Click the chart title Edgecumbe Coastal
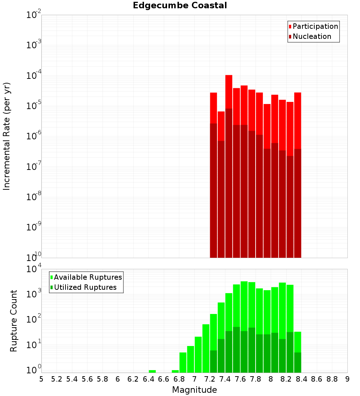tap(180, 5)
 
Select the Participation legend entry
tap(315, 27)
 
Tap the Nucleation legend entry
tap(312, 37)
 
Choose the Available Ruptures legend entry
tap(88, 278)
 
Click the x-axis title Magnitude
tap(194, 390)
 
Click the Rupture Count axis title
tap(14, 321)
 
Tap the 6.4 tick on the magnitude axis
tap(148, 379)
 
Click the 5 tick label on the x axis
tap(41, 379)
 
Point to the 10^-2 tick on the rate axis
tap(34, 15)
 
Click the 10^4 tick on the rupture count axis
tap(34, 269)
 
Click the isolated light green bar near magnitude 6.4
tap(152, 371)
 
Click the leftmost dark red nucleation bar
tap(213, 191)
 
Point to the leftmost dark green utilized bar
tap(213, 361)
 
